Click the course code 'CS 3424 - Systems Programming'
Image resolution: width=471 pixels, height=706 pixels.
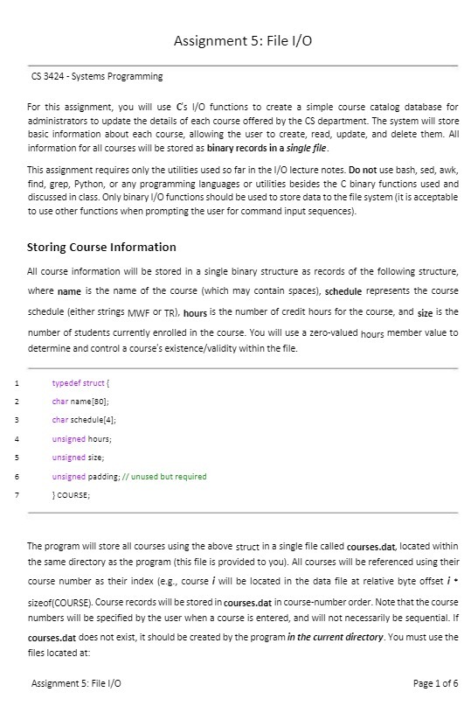click(96, 77)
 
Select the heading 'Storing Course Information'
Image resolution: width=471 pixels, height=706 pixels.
click(101, 247)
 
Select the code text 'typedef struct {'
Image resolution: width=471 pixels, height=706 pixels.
click(81, 382)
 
